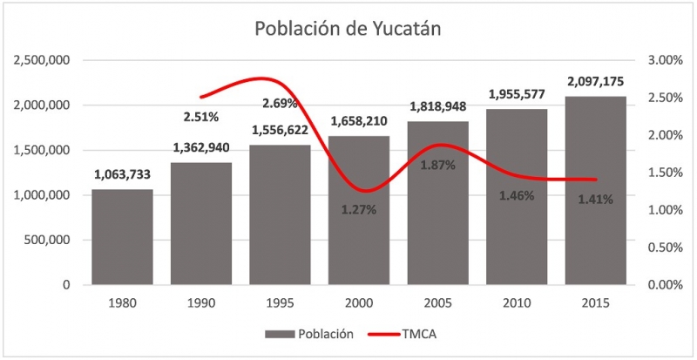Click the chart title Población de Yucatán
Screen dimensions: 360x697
(348, 28)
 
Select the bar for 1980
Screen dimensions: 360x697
(122, 237)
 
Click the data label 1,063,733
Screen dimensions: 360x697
(123, 175)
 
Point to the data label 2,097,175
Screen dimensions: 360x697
(595, 81)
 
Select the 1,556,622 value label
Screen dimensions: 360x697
(281, 130)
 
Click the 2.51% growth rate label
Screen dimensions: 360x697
(201, 115)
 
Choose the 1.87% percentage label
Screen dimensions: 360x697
(437, 165)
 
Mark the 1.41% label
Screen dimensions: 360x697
(595, 199)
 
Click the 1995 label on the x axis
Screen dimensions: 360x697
(281, 302)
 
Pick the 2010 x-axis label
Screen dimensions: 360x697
(517, 302)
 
